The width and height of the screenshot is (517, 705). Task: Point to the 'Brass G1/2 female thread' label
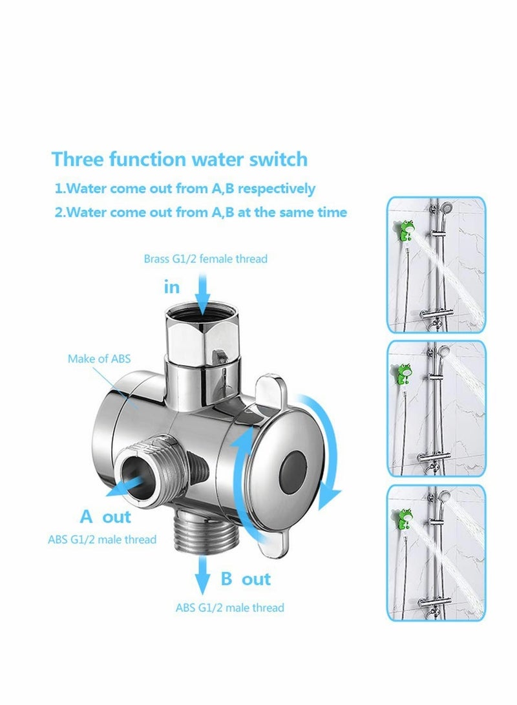point(206,258)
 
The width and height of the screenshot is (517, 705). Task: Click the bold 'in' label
point(172,286)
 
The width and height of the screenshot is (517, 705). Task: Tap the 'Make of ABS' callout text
point(99,358)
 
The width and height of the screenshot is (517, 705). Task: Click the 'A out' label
point(105,516)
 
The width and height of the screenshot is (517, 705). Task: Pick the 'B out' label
point(246,578)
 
